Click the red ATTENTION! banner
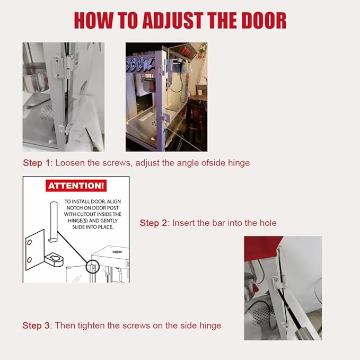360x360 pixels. (76, 186)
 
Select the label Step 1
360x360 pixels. (36, 163)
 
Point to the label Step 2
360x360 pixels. (153, 223)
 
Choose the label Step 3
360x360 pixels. (36, 326)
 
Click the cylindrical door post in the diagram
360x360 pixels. (54, 222)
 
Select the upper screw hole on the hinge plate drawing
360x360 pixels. (30, 242)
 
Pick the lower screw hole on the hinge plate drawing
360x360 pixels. (29, 260)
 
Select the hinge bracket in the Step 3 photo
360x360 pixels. (279, 283)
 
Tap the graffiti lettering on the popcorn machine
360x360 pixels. (140, 64)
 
